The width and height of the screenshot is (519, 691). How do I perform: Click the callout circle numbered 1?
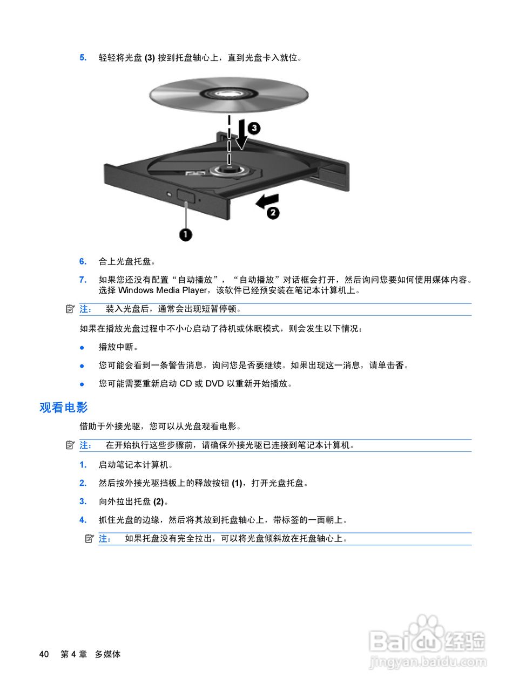(186, 234)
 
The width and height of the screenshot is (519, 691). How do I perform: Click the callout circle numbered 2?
(273, 212)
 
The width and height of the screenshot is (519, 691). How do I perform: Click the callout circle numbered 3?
(253, 128)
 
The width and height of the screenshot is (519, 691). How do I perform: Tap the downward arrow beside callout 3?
(241, 137)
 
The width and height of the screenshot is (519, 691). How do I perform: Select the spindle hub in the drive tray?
(230, 170)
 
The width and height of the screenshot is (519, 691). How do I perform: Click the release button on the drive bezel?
(185, 194)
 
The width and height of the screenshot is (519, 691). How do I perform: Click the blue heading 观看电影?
(63, 408)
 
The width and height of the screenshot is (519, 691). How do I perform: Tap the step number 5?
(83, 57)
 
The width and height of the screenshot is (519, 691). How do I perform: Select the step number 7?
(83, 280)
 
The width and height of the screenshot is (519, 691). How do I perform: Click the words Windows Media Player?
(163, 290)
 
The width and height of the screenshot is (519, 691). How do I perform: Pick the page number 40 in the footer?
(44, 654)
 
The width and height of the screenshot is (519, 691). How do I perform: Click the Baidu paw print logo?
(426, 629)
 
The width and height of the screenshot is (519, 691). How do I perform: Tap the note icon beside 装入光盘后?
(70, 309)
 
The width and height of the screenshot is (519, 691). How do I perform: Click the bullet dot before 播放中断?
(82, 347)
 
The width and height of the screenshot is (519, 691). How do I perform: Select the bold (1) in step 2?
(237, 483)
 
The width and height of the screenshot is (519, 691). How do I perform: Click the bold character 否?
(399, 365)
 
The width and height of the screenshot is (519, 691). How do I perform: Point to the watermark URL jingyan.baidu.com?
(427, 661)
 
